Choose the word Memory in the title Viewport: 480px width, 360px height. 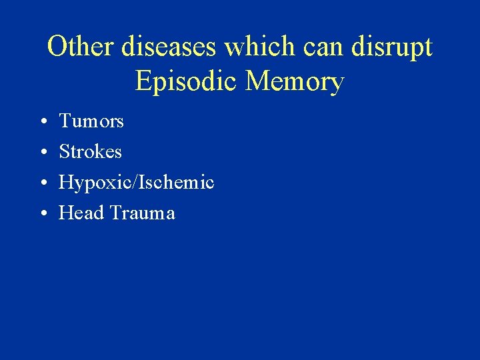(295, 82)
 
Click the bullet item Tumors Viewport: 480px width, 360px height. (91, 121)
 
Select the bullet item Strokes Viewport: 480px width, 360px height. (91, 152)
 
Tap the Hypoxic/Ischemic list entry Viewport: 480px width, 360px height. (137, 183)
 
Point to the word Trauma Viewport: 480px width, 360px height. (143, 213)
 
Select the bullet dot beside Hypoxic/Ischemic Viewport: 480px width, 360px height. (41, 183)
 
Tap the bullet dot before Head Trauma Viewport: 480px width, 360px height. (41, 214)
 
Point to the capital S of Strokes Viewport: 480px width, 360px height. (64, 152)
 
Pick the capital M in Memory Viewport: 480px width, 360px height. (257, 81)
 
